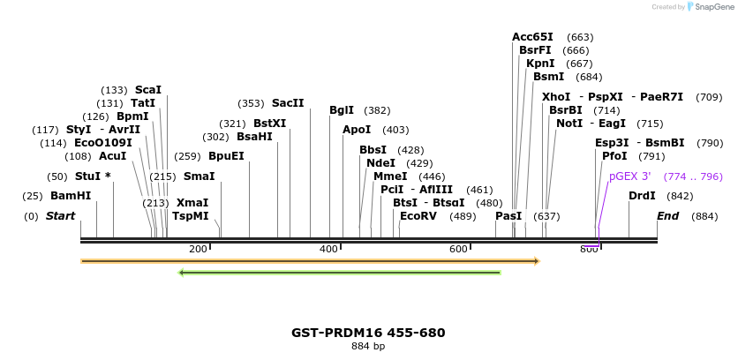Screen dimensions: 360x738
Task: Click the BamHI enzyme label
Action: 70,196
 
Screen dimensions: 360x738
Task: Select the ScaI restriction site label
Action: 147,90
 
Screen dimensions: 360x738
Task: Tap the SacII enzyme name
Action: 287,103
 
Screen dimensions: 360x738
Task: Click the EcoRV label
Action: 418,216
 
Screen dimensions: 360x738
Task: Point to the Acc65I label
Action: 532,37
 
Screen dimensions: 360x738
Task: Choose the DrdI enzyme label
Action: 642,196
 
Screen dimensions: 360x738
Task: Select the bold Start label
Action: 60,216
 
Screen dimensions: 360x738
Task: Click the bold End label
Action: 668,216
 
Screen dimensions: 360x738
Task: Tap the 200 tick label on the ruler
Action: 198,250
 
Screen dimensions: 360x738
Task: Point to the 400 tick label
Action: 328,250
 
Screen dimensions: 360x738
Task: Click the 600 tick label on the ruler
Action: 458,250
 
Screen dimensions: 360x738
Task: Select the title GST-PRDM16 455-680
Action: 368,333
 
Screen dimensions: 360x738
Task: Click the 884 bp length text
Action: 368,347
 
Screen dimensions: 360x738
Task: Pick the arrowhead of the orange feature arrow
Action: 535,261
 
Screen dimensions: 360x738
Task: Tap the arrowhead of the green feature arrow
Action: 181,273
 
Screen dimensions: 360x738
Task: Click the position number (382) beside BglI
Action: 377,110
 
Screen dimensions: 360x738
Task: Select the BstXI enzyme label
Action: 269,124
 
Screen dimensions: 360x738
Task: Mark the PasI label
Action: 508,216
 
